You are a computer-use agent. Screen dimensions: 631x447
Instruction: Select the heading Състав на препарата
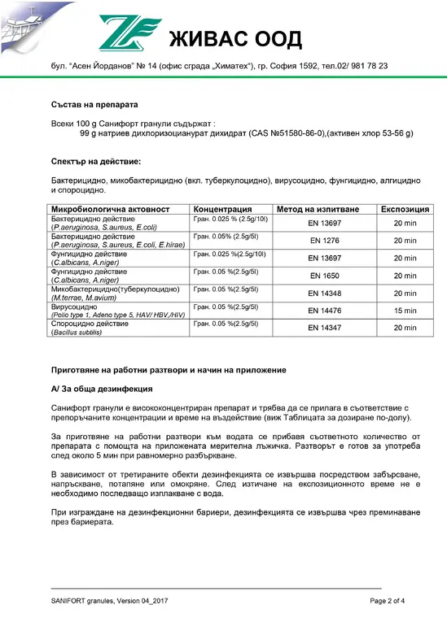click(x=94, y=105)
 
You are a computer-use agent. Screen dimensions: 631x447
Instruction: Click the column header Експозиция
click(x=405, y=209)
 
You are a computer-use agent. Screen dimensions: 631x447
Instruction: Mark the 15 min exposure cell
click(x=405, y=311)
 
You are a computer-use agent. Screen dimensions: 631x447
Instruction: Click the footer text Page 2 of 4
click(x=388, y=601)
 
